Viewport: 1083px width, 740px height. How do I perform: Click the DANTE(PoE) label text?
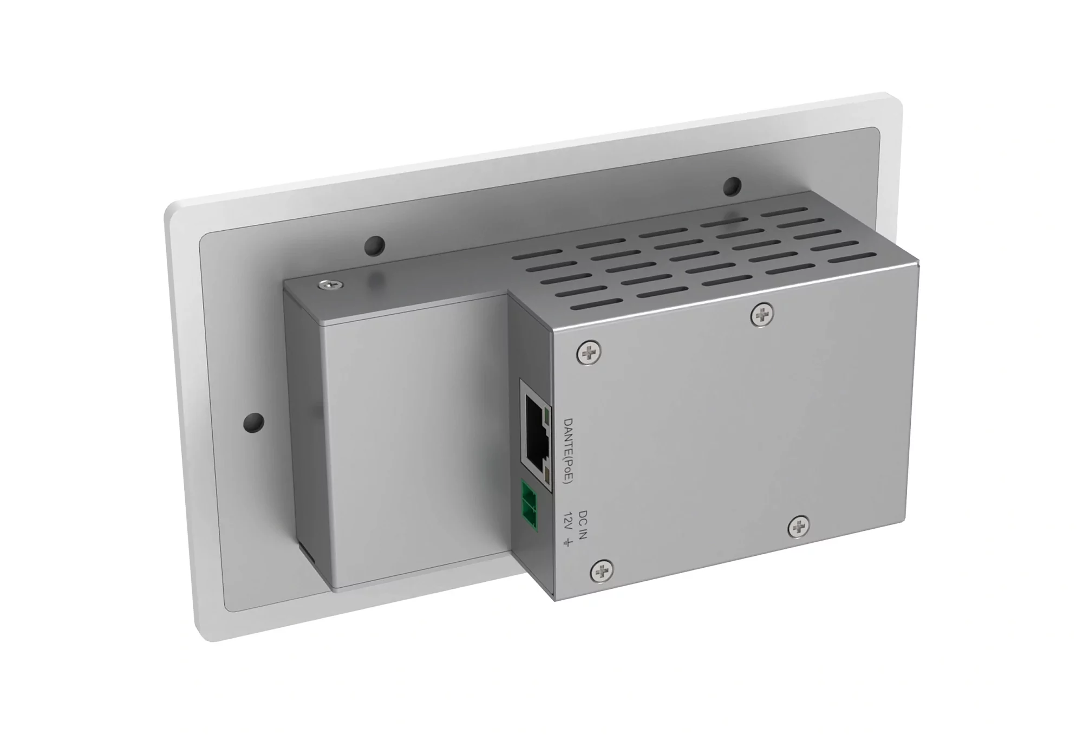pos(567,451)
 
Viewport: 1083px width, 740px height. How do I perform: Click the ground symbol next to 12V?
pos(567,542)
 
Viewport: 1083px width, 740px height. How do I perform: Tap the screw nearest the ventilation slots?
pos(762,315)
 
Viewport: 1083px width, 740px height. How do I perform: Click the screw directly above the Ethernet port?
pos(589,353)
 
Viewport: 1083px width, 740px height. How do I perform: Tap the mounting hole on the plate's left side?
pos(254,421)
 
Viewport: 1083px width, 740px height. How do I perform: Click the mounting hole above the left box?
pos(374,246)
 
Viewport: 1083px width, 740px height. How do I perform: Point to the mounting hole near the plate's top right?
pos(732,186)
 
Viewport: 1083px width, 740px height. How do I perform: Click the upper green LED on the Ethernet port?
pos(546,417)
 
